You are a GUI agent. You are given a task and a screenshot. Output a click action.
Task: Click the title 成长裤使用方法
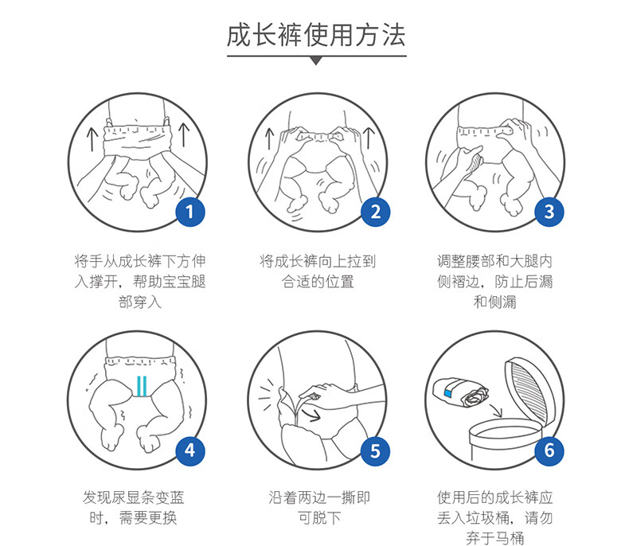(316, 36)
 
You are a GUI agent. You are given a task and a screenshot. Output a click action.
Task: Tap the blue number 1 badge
(190, 212)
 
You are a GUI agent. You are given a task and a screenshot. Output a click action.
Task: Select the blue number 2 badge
(375, 212)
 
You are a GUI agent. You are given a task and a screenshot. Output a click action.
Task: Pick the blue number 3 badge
(549, 212)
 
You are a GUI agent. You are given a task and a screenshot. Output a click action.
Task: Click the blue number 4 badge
(190, 451)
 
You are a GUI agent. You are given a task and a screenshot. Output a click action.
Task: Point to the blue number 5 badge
(375, 451)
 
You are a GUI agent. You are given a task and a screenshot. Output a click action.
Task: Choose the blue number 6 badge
(549, 451)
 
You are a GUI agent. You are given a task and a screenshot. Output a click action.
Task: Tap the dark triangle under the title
(316, 61)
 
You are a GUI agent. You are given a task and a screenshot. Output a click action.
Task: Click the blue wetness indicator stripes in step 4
(142, 386)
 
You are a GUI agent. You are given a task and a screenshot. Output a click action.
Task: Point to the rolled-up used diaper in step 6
(461, 393)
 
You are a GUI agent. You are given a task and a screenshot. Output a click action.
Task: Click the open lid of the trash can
(530, 391)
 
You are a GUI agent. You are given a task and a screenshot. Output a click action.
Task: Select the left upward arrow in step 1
(92, 139)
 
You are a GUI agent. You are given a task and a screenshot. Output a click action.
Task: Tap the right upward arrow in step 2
(369, 138)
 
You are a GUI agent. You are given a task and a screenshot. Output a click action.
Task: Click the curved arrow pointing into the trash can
(496, 411)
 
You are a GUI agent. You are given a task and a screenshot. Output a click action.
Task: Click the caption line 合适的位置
(318, 282)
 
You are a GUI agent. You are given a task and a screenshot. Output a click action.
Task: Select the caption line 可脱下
(319, 518)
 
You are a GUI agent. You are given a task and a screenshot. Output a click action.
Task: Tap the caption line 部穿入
(140, 302)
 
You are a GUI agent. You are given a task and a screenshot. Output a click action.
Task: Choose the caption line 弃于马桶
(495, 537)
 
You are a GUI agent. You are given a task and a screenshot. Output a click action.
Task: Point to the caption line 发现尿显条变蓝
(133, 497)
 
